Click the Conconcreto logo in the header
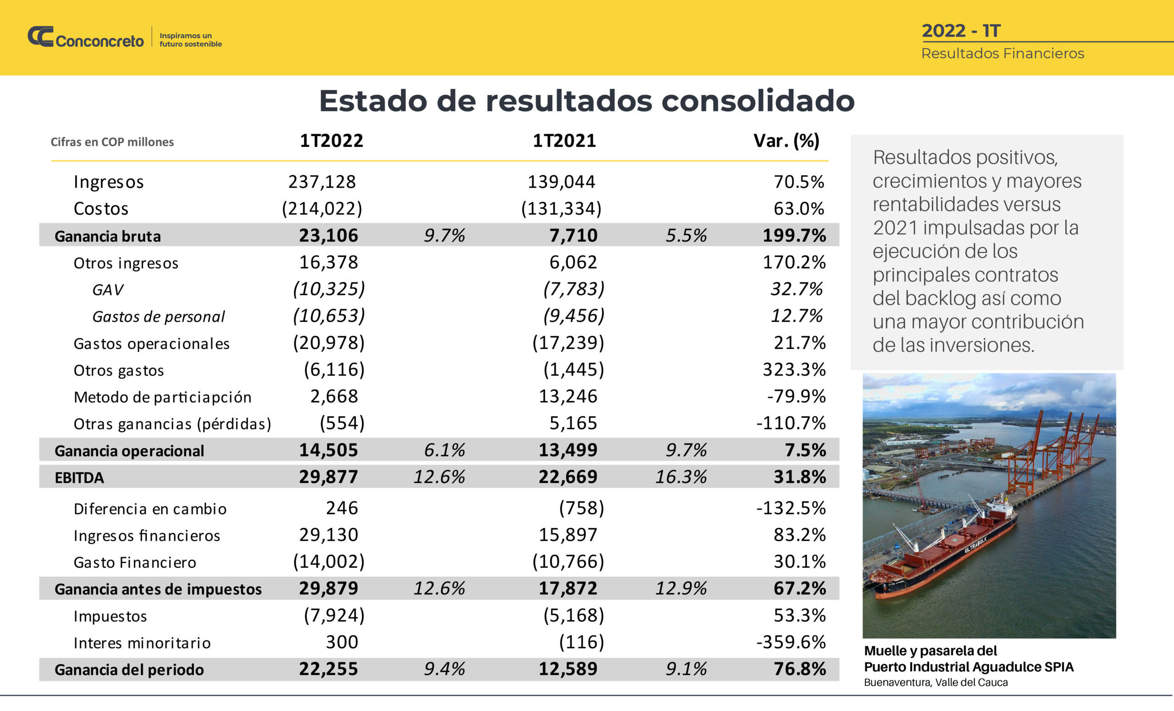pos(86,37)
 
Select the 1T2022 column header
pos(331,141)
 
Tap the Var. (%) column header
pos(786,141)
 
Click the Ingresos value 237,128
pos(322,182)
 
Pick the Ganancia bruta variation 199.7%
pos(794,235)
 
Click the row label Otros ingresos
pos(126,263)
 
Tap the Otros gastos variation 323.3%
pos(794,370)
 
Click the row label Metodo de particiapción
pos(162,397)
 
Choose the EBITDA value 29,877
pos(328,477)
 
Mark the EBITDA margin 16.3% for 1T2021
pos(681,477)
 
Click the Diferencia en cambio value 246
pos(342,508)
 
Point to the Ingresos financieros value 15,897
pos(568,535)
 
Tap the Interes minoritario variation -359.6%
pos(791,642)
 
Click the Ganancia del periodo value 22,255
pos(328,669)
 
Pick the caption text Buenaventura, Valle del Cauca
pos(936,683)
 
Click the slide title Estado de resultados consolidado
pos(587,101)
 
